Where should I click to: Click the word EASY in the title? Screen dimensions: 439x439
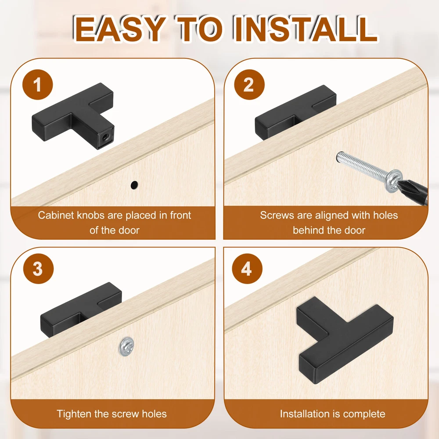(119, 29)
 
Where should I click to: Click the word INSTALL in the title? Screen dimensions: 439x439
(306, 29)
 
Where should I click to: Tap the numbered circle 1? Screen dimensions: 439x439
(37, 85)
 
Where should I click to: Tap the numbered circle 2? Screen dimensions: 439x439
(249, 85)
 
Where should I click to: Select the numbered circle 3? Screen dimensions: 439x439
(38, 269)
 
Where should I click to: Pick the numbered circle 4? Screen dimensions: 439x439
(247, 269)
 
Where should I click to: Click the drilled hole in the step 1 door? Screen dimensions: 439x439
(134, 185)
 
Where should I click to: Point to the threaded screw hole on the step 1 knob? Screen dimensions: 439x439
(105, 137)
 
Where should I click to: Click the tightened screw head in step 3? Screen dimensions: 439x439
(126, 347)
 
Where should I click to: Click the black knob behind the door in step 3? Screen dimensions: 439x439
(81, 309)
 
